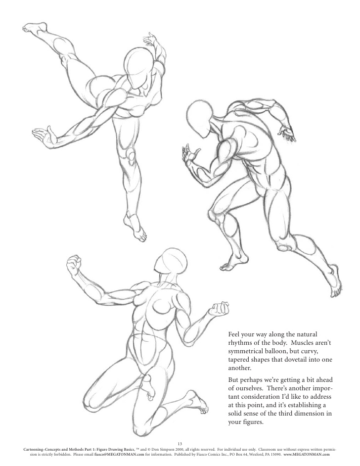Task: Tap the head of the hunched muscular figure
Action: (x=201, y=118)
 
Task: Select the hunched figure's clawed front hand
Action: (x=189, y=156)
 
